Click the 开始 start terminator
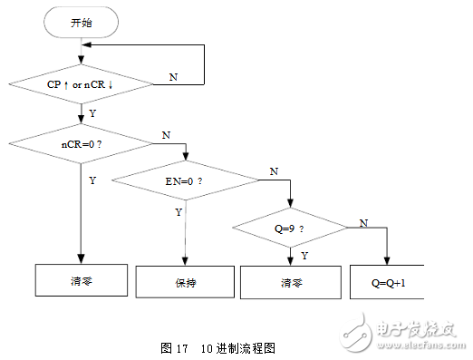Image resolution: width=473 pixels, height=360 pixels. pos(82,23)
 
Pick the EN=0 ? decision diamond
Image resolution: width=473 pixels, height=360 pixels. pos(185,180)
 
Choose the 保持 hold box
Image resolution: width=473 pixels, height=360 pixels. pos(185,283)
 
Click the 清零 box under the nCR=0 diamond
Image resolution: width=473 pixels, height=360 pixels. pos(82,281)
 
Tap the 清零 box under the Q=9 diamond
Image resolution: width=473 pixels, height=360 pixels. pos(290,283)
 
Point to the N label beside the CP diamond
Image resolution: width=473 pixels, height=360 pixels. pos(173,77)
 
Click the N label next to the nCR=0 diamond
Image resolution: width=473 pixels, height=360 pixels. pos(166,134)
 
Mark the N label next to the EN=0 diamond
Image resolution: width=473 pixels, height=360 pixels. pos(274,170)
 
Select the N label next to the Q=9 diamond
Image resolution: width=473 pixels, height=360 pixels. pos(363,221)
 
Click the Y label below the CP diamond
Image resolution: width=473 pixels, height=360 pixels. pos(92,113)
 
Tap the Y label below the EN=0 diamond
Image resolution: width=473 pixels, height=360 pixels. pos(178,211)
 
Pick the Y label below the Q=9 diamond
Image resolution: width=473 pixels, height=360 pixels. pos(304,256)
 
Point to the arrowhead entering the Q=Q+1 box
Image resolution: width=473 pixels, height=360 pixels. pos(387,261)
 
